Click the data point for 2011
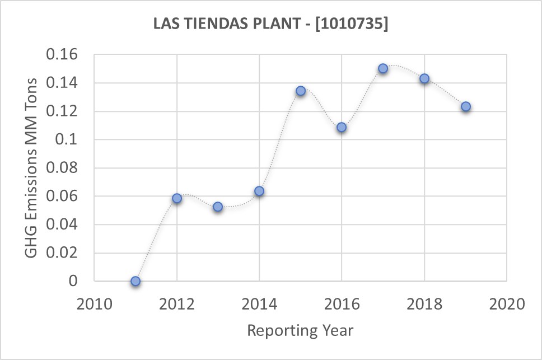pyautogui.click(x=135, y=281)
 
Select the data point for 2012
pyautogui.click(x=177, y=198)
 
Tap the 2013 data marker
pyautogui.click(x=218, y=207)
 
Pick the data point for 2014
pyautogui.click(x=259, y=191)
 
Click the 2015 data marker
pyautogui.click(x=301, y=91)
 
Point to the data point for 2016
pyautogui.click(x=342, y=128)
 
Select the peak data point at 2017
pyautogui.click(x=383, y=68)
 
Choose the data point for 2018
pyautogui.click(x=424, y=79)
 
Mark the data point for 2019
pyautogui.click(x=466, y=107)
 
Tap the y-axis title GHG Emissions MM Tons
pyautogui.click(x=32, y=168)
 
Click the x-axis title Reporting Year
pyautogui.click(x=300, y=330)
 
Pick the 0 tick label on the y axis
pyautogui.click(x=73, y=281)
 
